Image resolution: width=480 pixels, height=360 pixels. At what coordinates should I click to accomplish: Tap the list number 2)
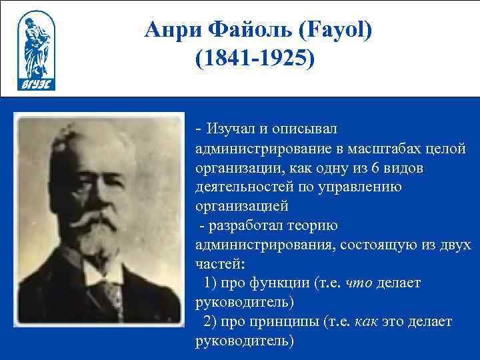(213, 322)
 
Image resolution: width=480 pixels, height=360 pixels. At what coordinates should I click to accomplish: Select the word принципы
(282, 322)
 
